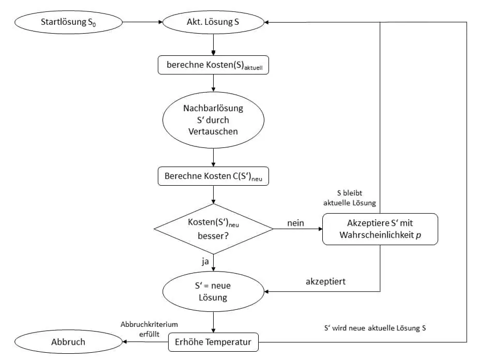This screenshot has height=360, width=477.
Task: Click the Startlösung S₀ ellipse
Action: [x=68, y=22]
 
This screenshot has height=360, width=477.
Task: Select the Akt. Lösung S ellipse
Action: [x=213, y=22]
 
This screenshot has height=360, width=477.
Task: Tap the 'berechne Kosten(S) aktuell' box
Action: [x=213, y=65]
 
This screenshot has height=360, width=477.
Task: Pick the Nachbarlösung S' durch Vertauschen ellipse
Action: [x=213, y=120]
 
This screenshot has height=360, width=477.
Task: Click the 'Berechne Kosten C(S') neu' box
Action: [x=213, y=176]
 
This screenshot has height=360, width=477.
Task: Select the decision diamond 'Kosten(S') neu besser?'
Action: [x=214, y=229]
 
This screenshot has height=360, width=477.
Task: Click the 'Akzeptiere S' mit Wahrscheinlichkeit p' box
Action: [x=380, y=229]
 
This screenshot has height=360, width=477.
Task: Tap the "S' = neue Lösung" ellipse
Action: [x=213, y=291]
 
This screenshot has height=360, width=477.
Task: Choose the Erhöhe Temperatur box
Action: [x=213, y=342]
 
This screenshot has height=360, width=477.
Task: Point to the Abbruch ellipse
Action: [x=68, y=342]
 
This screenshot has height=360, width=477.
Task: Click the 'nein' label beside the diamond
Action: [x=296, y=223]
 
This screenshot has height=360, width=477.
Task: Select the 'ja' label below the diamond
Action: [x=205, y=261]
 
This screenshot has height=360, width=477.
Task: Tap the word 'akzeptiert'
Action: [x=325, y=281]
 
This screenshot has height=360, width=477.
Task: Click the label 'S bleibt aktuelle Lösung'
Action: [x=350, y=198]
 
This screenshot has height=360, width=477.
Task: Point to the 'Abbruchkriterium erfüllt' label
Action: [x=149, y=329]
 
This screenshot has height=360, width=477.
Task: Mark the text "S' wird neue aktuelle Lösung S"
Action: [x=375, y=328]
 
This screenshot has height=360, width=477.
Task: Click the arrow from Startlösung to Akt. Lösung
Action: [x=142, y=22]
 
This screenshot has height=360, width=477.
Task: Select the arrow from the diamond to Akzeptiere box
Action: [x=298, y=229]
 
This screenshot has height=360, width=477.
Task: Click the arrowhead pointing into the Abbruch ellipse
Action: [x=124, y=342]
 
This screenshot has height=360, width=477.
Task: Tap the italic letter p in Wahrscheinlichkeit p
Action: [x=419, y=235]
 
